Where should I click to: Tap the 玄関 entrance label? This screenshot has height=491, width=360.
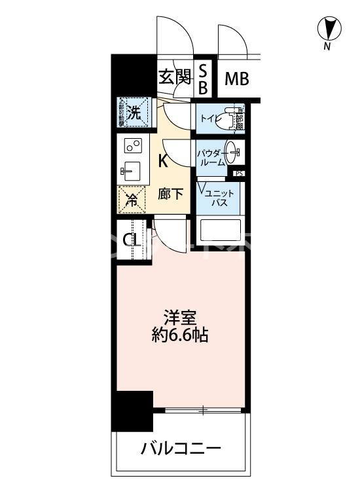pos(174,79)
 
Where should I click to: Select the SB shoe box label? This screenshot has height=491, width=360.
pos(203,79)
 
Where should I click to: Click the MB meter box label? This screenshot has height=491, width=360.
pos(237,79)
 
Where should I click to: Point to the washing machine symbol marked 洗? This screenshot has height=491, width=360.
pos(134,111)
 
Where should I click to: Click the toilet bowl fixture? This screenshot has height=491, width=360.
pos(228,118)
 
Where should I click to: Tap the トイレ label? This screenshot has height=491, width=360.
pos(210,119)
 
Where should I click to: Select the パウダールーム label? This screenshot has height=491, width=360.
pos(211,156)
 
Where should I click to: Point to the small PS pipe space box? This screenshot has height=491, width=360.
pos(239,173)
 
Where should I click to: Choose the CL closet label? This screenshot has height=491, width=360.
pos(131,239)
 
